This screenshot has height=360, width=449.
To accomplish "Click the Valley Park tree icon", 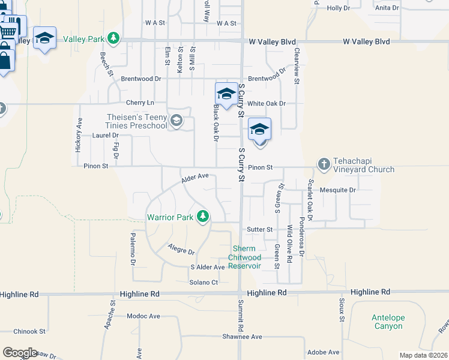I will pyautogui.click(x=113, y=39).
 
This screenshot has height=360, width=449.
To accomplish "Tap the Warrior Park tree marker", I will pyautogui.click(x=203, y=217).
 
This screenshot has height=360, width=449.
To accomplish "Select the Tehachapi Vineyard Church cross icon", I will pyautogui.click(x=324, y=164).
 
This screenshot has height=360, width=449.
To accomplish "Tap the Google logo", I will pyautogui.click(x=20, y=353).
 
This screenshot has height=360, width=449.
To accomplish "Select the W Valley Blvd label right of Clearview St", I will pyautogui.click(x=366, y=41).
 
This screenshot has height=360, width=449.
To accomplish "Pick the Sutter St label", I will pyautogui.click(x=260, y=229).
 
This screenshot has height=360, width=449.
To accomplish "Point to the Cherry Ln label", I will pyautogui.click(x=140, y=103).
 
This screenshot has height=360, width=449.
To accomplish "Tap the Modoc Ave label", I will pyautogui.click(x=143, y=316).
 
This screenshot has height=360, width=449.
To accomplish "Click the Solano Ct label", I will pyautogui.click(x=202, y=282).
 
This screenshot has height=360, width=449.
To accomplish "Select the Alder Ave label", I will pyautogui.click(x=194, y=177).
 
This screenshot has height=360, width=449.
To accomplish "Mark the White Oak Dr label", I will pyautogui.click(x=267, y=103).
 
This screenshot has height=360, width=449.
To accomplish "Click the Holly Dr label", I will pyautogui.click(x=338, y=8).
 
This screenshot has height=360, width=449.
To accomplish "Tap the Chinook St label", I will pyautogui.click(x=29, y=331).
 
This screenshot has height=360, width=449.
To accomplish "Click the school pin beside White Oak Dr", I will pyautogui.click(x=226, y=94).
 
